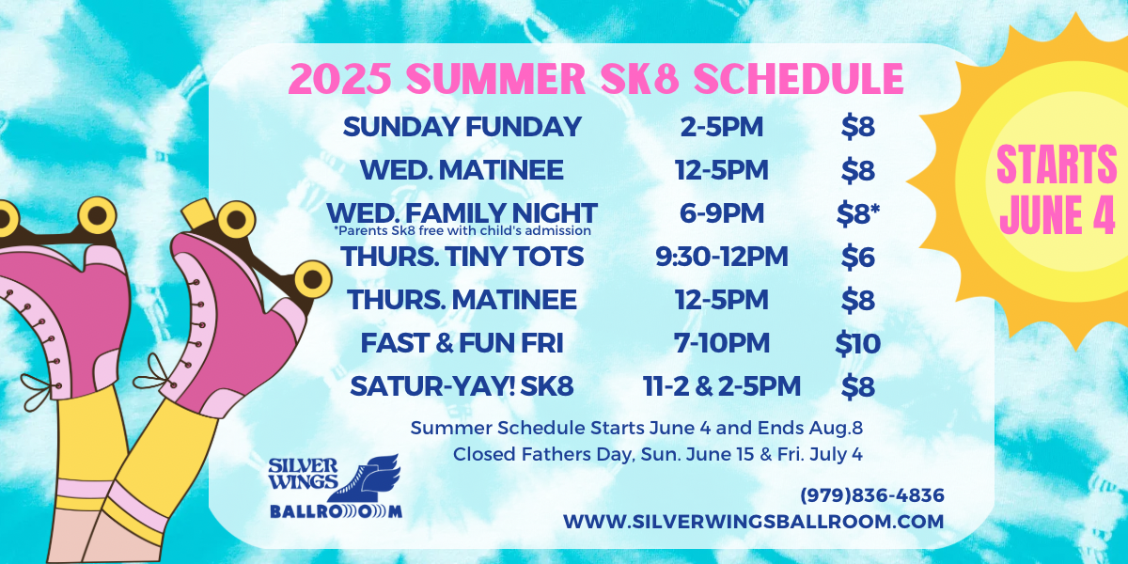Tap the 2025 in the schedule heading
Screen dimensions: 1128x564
click(340, 79)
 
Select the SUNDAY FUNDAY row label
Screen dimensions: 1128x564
click(462, 126)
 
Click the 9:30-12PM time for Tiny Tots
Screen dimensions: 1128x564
click(722, 257)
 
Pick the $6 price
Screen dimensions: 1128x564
click(857, 257)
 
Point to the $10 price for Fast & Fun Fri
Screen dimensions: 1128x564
click(857, 343)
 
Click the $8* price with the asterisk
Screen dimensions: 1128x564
click(858, 213)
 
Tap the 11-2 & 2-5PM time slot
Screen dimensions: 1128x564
click(722, 386)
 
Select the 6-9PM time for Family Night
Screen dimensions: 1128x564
click(722, 213)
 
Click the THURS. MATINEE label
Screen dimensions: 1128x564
click(462, 300)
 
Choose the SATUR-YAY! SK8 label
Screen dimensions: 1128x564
click(462, 386)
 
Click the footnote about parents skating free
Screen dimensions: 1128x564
click(462, 230)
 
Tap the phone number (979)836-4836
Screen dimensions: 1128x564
click(872, 495)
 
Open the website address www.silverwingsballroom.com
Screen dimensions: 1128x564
click(753, 522)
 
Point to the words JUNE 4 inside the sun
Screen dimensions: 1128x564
click(1057, 213)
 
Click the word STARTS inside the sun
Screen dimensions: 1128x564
click(1057, 164)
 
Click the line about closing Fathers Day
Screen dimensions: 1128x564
click(658, 454)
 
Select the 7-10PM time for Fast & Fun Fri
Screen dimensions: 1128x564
click(722, 343)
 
